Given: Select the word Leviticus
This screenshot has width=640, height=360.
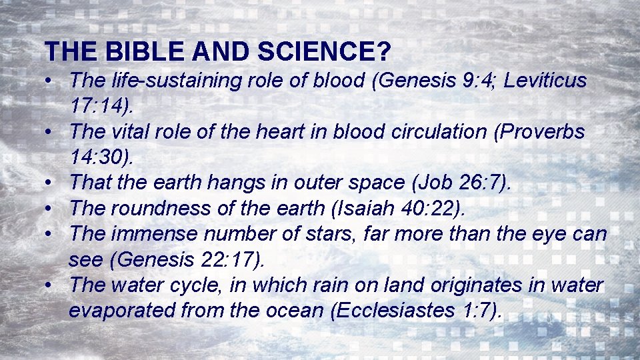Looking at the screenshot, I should tap(545, 81).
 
